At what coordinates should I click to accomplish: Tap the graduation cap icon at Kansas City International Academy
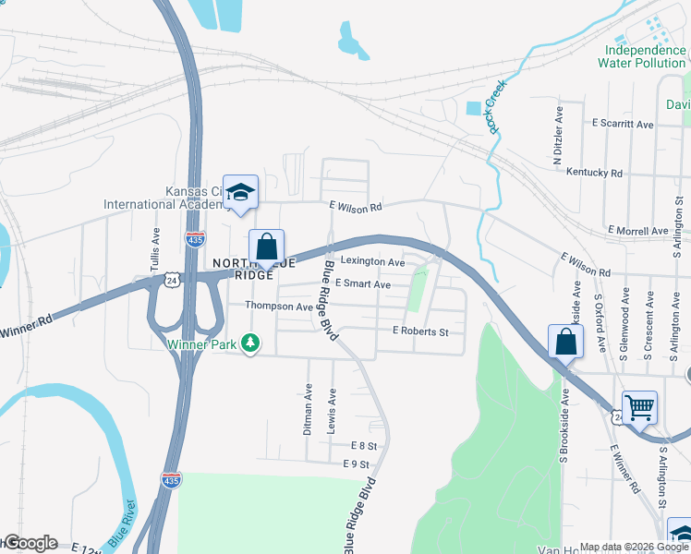pyautogui.click(x=240, y=192)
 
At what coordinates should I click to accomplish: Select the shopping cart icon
pyautogui.click(x=639, y=405)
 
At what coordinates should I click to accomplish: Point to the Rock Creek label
pyautogui.click(x=500, y=107)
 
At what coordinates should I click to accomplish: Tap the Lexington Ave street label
pyautogui.click(x=375, y=263)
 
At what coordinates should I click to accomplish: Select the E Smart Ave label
pyautogui.click(x=363, y=284)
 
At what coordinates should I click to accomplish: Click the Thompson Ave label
pyautogui.click(x=278, y=306)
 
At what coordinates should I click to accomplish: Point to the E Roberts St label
pyautogui.click(x=420, y=331)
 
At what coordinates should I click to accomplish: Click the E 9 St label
pyautogui.click(x=356, y=464)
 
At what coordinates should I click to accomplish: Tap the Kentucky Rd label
pyautogui.click(x=594, y=173)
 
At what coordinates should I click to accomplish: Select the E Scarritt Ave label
pyautogui.click(x=623, y=123)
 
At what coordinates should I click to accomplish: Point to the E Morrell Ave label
pyautogui.click(x=637, y=230)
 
